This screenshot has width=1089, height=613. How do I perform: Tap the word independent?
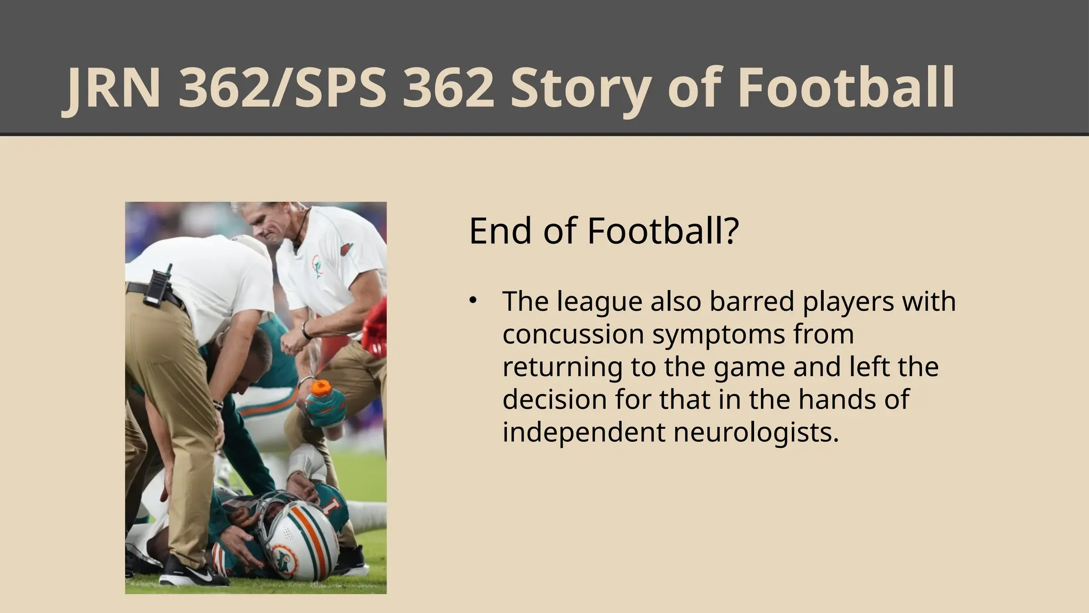(x=583, y=432)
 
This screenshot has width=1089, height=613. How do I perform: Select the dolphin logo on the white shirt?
(x=317, y=267)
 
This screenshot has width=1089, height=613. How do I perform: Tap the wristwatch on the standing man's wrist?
(x=305, y=330)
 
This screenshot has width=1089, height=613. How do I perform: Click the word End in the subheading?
(x=500, y=232)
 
